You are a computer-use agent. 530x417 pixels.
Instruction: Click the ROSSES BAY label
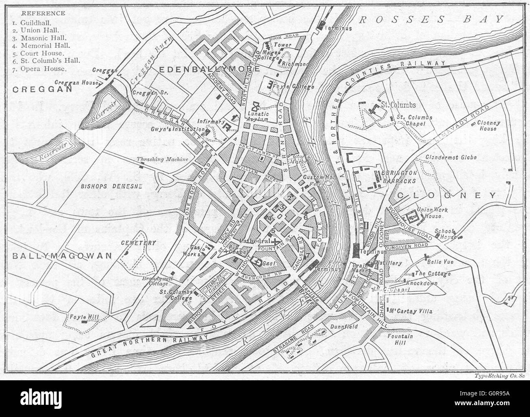[x=431, y=18]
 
